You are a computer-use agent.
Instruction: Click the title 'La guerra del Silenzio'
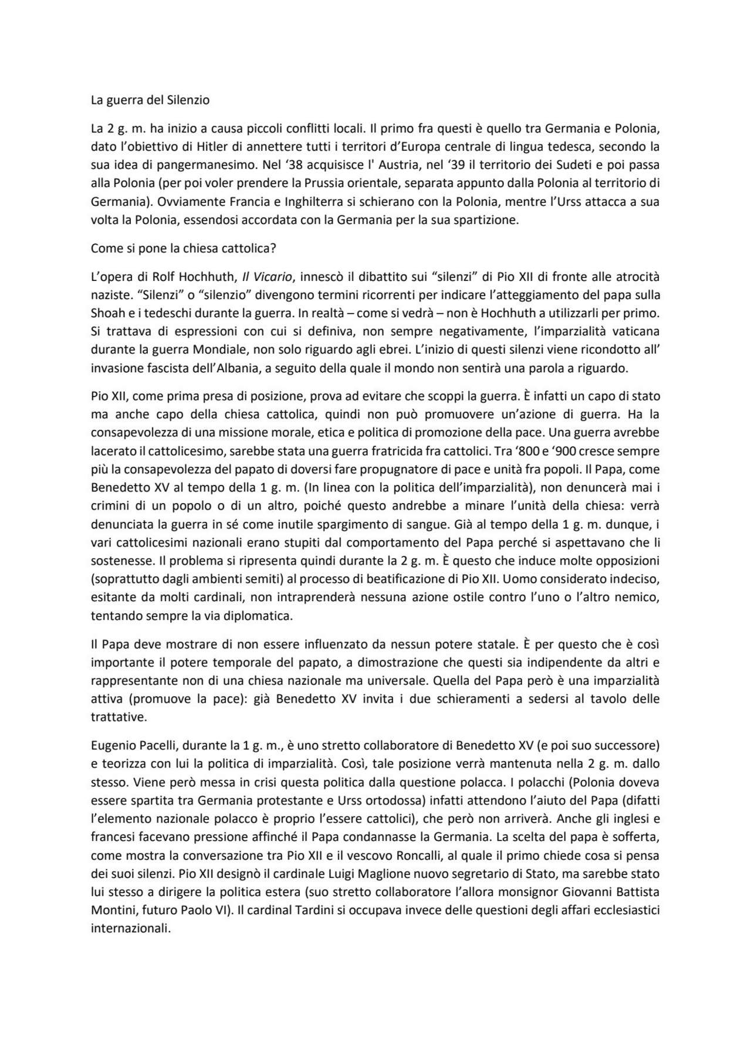click(150, 100)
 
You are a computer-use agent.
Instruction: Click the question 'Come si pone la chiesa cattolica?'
click(183, 248)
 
